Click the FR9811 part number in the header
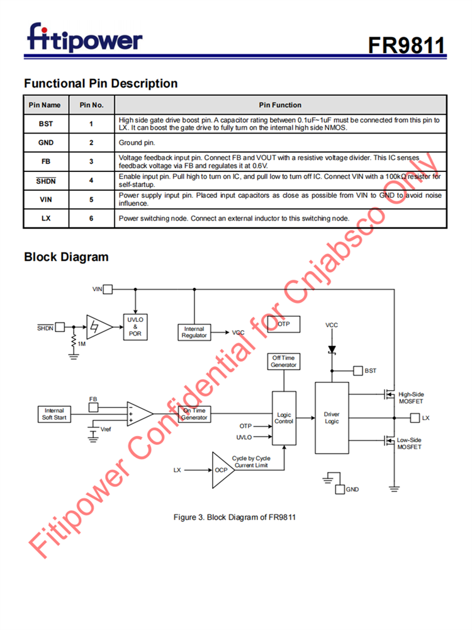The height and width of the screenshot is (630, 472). pyautogui.click(x=407, y=45)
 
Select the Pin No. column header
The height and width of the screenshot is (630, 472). pyautogui.click(x=91, y=105)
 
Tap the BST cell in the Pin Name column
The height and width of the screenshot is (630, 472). pyautogui.click(x=46, y=124)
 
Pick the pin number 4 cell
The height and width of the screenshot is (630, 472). pyautogui.click(x=91, y=180)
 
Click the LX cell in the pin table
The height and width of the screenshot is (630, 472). pyautogui.click(x=46, y=218)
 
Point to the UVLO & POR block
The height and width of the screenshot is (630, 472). pyautogui.click(x=135, y=327)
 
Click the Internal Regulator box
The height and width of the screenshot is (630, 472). pyautogui.click(x=194, y=332)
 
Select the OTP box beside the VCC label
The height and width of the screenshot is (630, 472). pyautogui.click(x=283, y=324)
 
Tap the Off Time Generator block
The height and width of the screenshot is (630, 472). pyautogui.click(x=283, y=362)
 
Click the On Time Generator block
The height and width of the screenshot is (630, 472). pyautogui.click(x=194, y=414)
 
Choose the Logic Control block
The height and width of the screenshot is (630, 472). pyautogui.click(x=284, y=418)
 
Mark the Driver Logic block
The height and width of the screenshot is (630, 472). pyautogui.click(x=332, y=418)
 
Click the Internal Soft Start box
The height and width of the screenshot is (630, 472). pyautogui.click(x=55, y=414)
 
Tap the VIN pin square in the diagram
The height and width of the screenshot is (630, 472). pyautogui.click(x=108, y=289)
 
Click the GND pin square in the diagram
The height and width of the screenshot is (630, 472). pyautogui.click(x=340, y=489)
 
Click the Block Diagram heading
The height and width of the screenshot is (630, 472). pyautogui.click(x=66, y=257)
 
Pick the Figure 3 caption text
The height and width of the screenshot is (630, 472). pyautogui.click(x=235, y=517)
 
